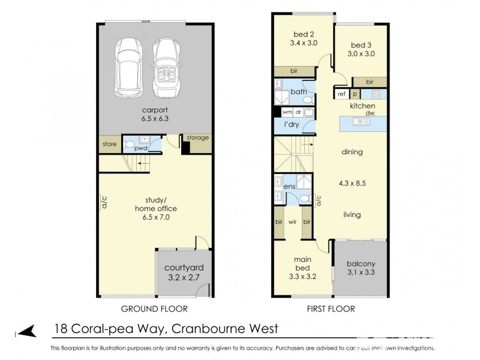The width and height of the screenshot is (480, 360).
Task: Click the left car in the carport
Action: (127, 67)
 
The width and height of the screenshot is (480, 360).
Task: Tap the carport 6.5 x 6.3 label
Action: (154, 114)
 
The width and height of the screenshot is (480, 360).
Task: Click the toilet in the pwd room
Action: (130, 145)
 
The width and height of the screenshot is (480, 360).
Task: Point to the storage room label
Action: (197, 138)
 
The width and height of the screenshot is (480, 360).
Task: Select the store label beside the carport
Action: (109, 144)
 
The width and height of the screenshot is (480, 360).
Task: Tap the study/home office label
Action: (155, 209)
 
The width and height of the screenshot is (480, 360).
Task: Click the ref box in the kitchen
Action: (341, 94)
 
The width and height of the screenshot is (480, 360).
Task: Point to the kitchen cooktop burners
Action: (376, 94)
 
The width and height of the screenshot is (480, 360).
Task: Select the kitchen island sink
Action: (362, 122)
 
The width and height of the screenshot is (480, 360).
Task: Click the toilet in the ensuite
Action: (305, 199)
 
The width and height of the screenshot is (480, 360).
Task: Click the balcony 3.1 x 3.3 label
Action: (361, 268)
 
